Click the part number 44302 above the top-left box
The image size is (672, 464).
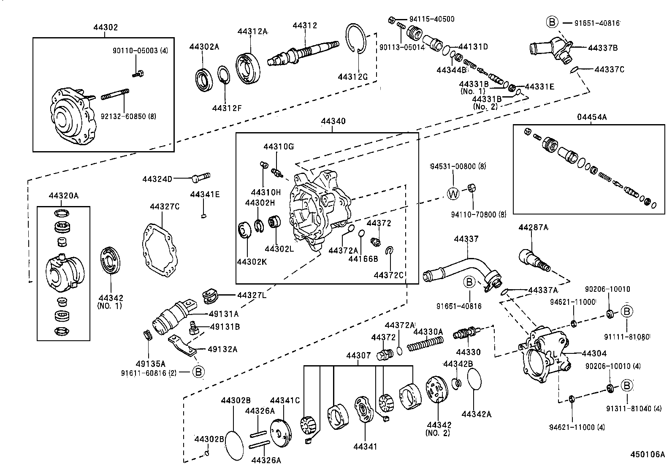pos(106,27)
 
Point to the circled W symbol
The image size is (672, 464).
pos(453,194)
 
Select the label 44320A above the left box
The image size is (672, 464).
pos(64,195)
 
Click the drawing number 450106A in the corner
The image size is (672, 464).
pos(647,454)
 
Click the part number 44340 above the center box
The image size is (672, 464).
pos(333,122)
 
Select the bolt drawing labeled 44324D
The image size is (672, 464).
pos(201,178)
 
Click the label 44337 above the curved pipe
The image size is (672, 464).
pos(466,239)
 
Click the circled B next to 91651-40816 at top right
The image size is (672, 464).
pos(552,22)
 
